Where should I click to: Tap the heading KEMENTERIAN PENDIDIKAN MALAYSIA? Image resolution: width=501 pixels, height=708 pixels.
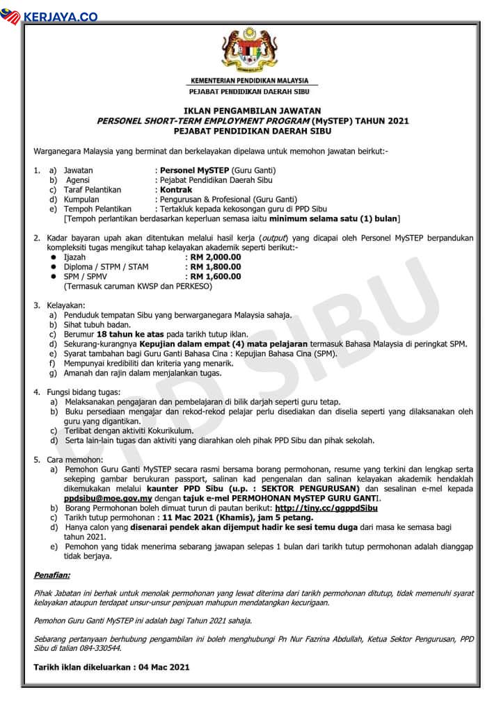tap(249, 81)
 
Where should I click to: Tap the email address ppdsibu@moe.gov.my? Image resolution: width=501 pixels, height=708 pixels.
tap(108, 499)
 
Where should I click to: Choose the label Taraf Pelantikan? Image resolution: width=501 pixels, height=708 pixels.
tap(93, 189)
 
